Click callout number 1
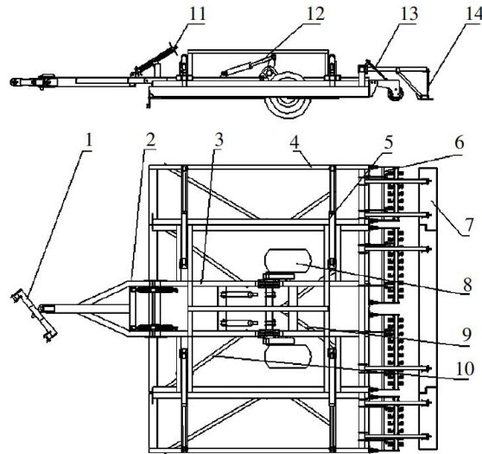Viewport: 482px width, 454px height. coord(88,141)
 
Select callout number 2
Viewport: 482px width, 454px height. coord(150,141)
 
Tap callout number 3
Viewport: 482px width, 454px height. coord(219,141)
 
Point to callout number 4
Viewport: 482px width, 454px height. coord(295,142)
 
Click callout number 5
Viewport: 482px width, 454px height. coord(388,142)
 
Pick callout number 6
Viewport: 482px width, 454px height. coord(459,142)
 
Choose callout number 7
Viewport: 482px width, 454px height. coord(469,225)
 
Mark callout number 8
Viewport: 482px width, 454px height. coord(467,285)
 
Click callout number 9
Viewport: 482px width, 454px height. coord(466,335)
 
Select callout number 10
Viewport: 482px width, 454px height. coord(465,368)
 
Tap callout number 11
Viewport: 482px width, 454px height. coord(197,14)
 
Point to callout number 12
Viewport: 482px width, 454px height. coord(315,14)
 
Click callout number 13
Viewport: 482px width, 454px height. coord(409,14)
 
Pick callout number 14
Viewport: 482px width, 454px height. coord(474,14)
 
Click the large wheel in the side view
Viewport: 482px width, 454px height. coord(288,95)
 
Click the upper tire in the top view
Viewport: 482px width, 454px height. coord(288,260)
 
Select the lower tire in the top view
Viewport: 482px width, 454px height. coord(288,356)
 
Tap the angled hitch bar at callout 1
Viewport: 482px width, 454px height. coord(34,315)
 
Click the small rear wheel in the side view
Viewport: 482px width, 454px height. coord(396,92)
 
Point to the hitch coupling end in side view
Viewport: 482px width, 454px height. coord(16,82)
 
